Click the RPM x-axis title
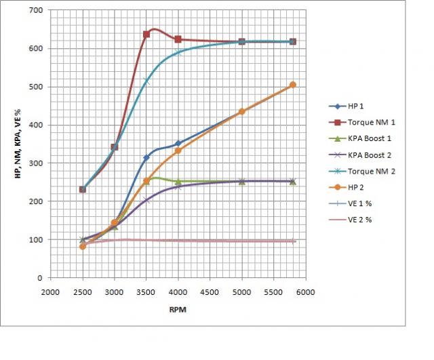[178, 309]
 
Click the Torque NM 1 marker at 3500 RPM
[146, 35]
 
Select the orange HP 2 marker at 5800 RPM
[293, 85]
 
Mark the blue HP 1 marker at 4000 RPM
[178, 144]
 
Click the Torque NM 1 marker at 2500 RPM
[83, 189]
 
